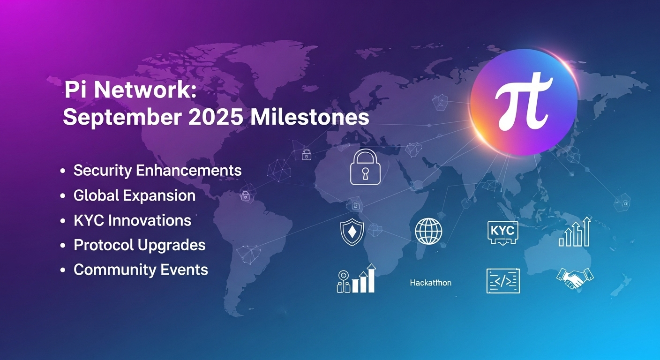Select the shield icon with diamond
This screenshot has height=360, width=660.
pyautogui.click(x=352, y=232)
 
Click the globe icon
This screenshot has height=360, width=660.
pyautogui.click(x=428, y=231)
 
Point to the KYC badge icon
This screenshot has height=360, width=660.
pyautogui.click(x=502, y=232)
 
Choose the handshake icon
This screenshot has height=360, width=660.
pyautogui.click(x=575, y=278)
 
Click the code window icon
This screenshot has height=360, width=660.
pyautogui.click(x=503, y=281)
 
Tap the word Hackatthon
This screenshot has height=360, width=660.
pyautogui.click(x=430, y=283)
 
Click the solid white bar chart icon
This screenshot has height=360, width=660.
pyautogui.click(x=356, y=278)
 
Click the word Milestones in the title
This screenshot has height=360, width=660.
pyautogui.click(x=310, y=118)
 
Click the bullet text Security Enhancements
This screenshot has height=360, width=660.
pyautogui.click(x=157, y=170)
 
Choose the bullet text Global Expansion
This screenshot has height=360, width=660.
pyautogui.click(x=135, y=195)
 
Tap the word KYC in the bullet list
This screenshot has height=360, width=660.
pyautogui.click(x=89, y=220)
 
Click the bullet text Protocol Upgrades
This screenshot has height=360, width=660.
pyautogui.click(x=140, y=245)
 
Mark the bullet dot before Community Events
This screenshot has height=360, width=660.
pyautogui.click(x=62, y=270)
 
